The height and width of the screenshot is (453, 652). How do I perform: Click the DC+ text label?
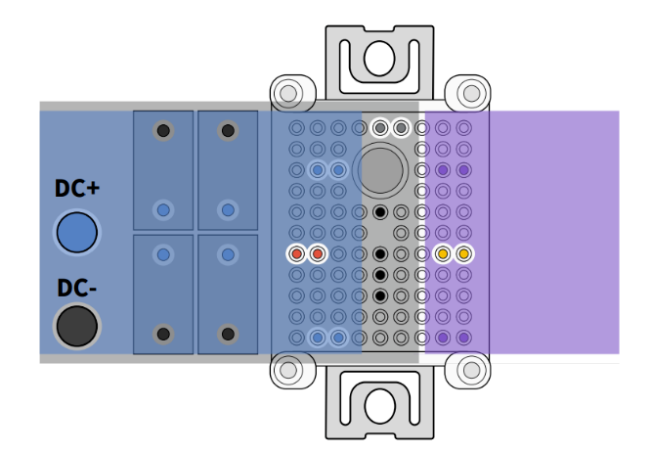[x=76, y=192]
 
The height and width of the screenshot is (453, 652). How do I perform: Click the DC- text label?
[x=76, y=289]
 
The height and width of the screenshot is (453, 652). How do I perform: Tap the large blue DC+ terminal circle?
[x=76, y=233]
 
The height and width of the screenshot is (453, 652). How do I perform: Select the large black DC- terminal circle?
[x=76, y=326]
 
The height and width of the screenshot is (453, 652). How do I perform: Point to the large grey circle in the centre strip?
[x=381, y=169]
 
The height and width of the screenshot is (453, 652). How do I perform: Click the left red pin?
[x=296, y=254]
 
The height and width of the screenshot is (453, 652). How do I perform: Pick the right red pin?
[x=317, y=254]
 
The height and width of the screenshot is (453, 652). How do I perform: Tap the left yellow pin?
[x=443, y=254]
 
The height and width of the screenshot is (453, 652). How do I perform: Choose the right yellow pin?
[x=463, y=254]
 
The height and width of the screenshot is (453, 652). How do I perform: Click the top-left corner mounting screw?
[x=287, y=93]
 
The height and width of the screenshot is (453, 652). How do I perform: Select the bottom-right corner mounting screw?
[x=471, y=371]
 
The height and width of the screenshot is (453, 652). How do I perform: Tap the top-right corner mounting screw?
[x=471, y=93]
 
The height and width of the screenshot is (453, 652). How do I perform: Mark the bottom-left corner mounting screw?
[x=287, y=371]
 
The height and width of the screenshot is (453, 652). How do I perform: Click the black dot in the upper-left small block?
[x=163, y=130]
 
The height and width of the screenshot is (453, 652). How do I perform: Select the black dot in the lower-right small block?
[x=228, y=334]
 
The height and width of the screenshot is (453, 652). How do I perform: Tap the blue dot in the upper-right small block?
[x=228, y=209]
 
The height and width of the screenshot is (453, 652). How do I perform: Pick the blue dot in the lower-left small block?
[x=163, y=254]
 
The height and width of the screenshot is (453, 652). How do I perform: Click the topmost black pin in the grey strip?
[x=380, y=212]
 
